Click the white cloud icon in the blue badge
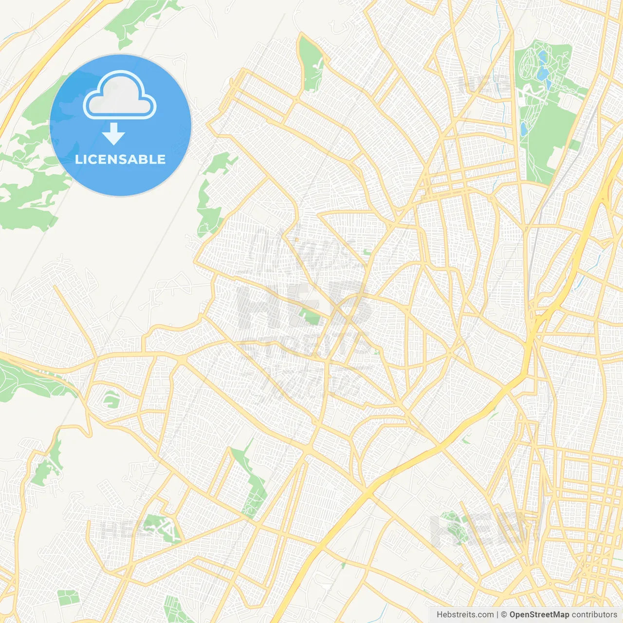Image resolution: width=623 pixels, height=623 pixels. click(120, 95)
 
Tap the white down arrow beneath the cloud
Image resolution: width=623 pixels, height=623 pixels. click(114, 134)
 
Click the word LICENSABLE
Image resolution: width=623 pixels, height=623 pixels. click(120, 160)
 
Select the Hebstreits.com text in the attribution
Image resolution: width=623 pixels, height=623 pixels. click(465, 615)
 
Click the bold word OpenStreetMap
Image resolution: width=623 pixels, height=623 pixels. click(539, 615)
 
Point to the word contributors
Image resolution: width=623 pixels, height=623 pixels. click(594, 615)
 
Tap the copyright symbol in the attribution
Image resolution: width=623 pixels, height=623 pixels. click(504, 615)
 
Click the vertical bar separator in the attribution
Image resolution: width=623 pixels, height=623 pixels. click(497, 615)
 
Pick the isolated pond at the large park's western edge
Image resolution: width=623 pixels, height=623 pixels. click(523, 129)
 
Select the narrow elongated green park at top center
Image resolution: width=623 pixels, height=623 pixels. click(310, 63)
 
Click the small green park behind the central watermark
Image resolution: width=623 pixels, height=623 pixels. click(310, 315)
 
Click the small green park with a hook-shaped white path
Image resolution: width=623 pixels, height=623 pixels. click(111, 399)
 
